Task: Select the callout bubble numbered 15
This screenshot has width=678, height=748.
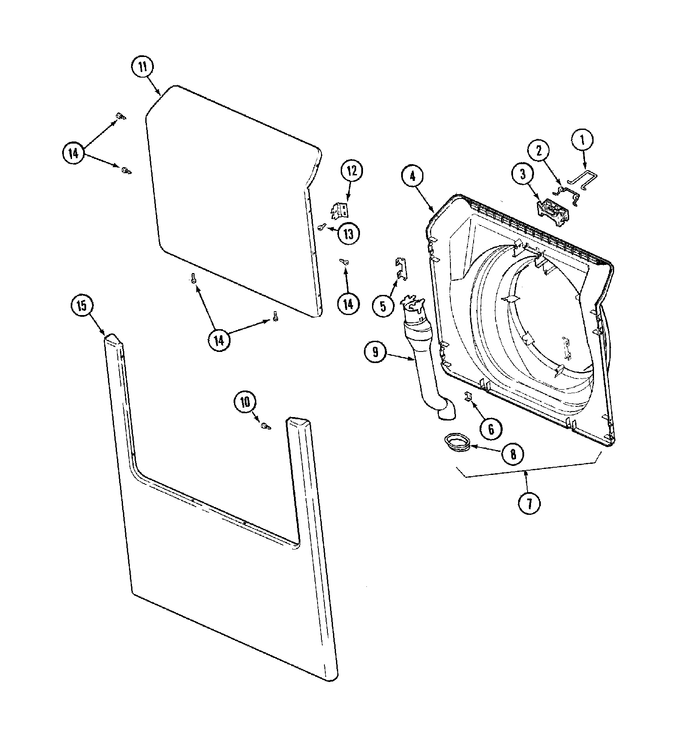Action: (81, 306)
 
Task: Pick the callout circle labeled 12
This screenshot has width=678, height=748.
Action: (351, 171)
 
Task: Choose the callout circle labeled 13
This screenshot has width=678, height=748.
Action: (348, 234)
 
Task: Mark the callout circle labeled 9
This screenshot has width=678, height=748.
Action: (375, 352)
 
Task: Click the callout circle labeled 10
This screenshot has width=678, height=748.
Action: (245, 402)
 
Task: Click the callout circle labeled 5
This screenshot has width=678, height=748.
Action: (383, 306)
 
